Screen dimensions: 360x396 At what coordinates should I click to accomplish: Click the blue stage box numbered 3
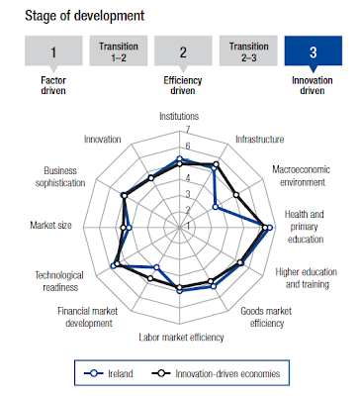pos(314,50)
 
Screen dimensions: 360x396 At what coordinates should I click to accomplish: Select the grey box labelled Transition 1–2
pos(119,50)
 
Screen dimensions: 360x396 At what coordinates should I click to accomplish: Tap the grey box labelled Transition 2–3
pos(248,50)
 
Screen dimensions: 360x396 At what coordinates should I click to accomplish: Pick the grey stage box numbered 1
pos(53,50)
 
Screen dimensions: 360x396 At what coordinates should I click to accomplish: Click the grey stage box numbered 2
pos(183,50)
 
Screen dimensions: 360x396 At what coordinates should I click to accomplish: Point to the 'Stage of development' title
pos(85,16)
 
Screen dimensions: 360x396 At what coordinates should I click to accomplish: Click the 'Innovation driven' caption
pos(313,85)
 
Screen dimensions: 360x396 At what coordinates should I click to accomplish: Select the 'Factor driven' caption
pos(53,85)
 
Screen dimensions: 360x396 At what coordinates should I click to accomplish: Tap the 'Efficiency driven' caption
pos(183,85)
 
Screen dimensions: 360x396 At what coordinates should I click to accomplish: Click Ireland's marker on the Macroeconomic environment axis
pos(216,207)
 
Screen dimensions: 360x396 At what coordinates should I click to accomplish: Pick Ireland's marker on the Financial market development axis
pos(157,267)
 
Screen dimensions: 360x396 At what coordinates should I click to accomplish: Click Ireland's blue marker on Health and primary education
pos(270,228)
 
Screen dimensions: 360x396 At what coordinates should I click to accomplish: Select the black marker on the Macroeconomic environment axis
pos(236,195)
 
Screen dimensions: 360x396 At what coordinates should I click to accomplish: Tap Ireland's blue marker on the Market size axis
pos(129,228)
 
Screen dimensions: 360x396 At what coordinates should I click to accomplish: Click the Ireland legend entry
pos(109,373)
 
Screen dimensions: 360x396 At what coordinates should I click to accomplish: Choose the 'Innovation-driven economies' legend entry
pos(216,373)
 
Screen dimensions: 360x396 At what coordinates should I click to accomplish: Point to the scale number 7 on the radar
pos(188,130)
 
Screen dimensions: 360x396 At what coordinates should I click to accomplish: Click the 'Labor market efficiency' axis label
pos(181,338)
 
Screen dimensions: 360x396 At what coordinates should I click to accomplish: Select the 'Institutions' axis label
pos(179,116)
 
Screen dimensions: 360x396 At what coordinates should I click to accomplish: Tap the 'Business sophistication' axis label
pos(60,176)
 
